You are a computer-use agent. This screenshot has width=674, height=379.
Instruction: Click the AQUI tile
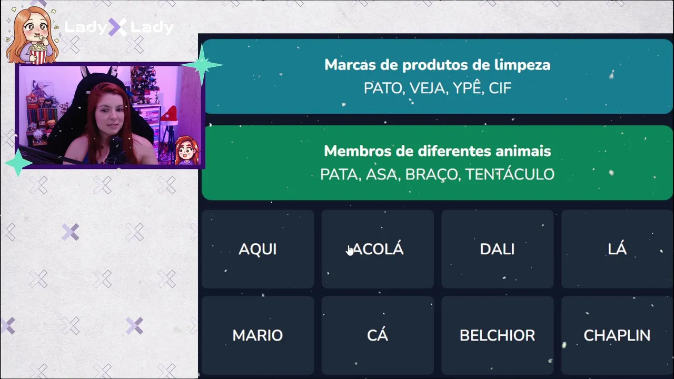(x=258, y=249)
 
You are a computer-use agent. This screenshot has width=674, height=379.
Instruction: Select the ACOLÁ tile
(x=378, y=249)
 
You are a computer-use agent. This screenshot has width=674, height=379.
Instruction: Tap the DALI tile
(x=498, y=249)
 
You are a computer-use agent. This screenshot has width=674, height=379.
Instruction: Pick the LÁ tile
(x=617, y=249)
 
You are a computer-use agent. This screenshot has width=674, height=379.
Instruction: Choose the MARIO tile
(x=258, y=335)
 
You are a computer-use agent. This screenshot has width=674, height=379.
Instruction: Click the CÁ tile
(x=378, y=335)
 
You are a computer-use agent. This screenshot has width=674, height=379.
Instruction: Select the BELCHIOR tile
(x=498, y=335)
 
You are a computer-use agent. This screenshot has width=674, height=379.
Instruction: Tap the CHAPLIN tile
(x=617, y=335)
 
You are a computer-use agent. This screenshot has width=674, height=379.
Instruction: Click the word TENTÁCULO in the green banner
(x=510, y=174)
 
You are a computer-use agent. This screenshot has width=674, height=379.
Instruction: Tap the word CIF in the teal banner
(x=500, y=88)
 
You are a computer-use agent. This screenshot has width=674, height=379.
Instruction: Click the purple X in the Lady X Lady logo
(x=117, y=27)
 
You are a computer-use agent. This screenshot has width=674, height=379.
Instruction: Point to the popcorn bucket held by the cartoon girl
(x=38, y=53)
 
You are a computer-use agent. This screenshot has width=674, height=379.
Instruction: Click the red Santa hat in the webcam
(x=169, y=114)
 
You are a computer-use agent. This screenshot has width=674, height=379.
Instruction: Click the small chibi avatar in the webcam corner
(x=187, y=150)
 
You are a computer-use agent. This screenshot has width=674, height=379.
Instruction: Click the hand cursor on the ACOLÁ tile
(x=350, y=250)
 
